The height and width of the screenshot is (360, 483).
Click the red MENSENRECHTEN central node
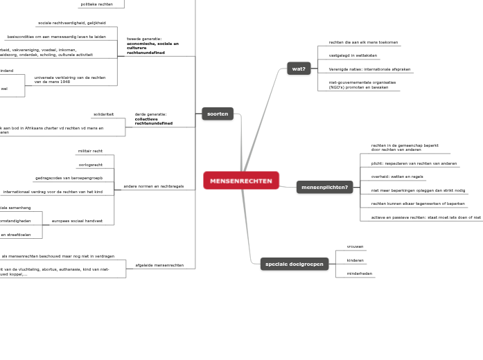(x=241, y=181)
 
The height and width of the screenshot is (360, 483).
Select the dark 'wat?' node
(x=299, y=69)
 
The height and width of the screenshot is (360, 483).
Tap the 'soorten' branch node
(x=218, y=114)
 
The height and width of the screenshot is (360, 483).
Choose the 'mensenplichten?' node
(x=325, y=187)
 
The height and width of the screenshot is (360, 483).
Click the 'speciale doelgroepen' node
(x=295, y=264)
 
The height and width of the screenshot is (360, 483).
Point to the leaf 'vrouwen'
(x=355, y=246)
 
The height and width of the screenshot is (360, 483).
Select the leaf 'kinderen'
(x=355, y=260)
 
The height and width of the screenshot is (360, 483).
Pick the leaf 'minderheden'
(x=359, y=273)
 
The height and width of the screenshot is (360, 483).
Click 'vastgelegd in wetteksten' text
(x=353, y=55)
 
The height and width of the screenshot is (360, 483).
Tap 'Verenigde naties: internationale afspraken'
(x=369, y=69)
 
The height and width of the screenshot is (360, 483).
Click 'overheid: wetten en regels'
(x=397, y=177)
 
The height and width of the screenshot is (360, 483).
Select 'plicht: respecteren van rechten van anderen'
(x=414, y=163)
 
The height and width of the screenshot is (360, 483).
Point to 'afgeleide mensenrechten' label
(x=159, y=265)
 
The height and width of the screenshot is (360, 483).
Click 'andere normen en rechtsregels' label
(x=153, y=186)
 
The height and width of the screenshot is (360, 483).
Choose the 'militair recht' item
(x=90, y=151)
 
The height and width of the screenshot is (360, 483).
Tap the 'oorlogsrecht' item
(x=90, y=165)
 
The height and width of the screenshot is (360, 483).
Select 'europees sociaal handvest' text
(x=77, y=221)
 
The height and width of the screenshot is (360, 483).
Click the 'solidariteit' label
(x=103, y=114)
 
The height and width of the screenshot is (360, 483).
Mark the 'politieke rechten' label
(x=96, y=4)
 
